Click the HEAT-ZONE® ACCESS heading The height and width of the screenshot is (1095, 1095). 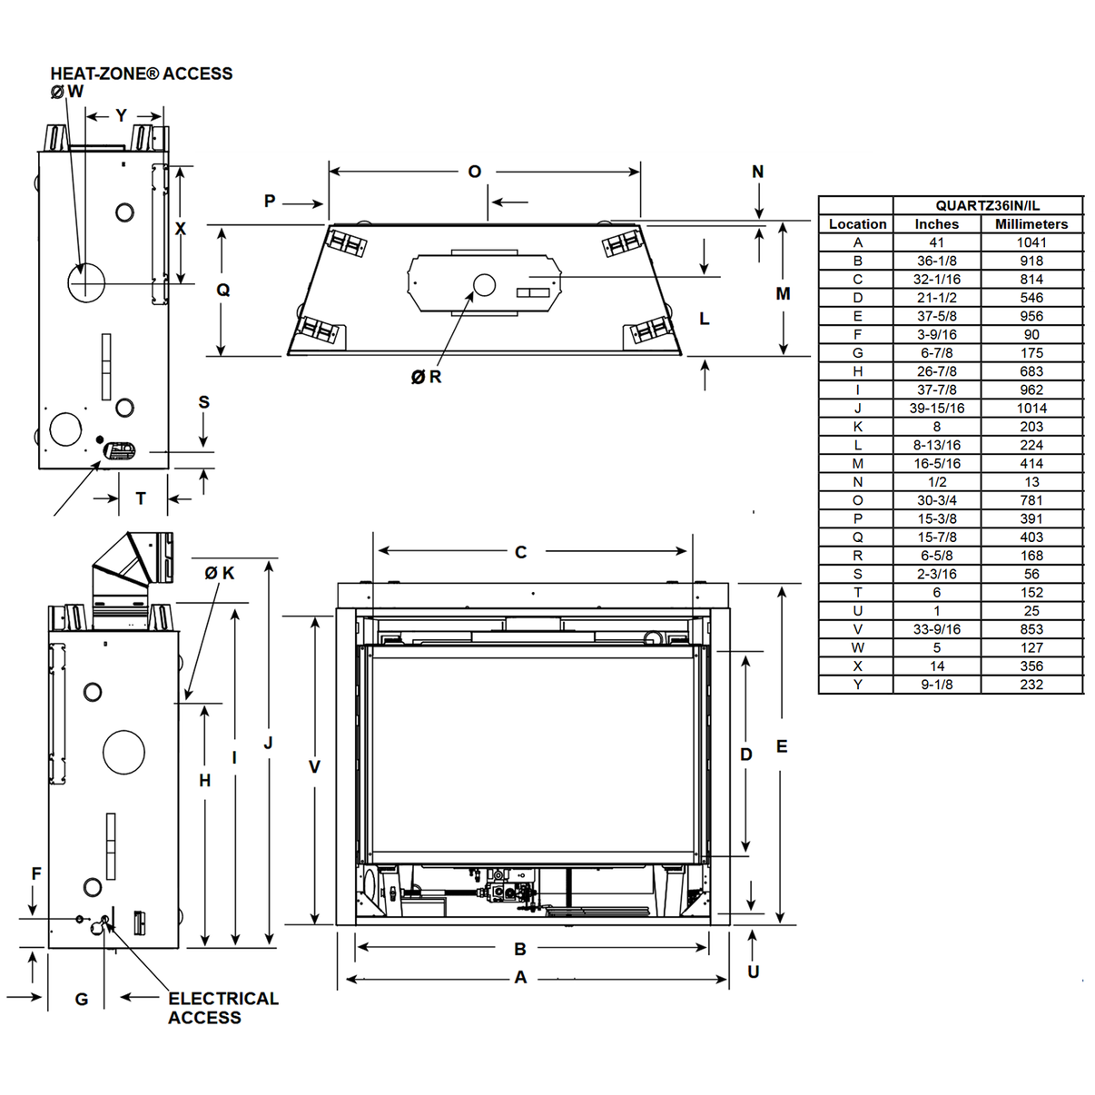click(x=141, y=74)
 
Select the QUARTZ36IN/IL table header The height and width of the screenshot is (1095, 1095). click(x=987, y=205)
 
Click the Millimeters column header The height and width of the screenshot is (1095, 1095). click(x=1031, y=224)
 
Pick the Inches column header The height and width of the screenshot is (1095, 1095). click(x=936, y=224)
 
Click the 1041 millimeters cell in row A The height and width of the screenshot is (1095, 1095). click(x=1031, y=242)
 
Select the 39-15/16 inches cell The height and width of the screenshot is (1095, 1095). click(x=936, y=409)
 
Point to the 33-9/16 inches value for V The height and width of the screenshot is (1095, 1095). click(x=936, y=629)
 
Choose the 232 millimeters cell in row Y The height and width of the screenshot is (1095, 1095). click(x=1031, y=685)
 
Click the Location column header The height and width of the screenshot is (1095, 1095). click(x=857, y=224)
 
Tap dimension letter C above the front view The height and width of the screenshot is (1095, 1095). click(x=520, y=552)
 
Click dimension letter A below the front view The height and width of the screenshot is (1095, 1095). click(x=520, y=978)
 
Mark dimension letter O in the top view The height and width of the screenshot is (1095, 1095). click(x=474, y=172)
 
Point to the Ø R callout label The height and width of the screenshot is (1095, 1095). click(x=426, y=377)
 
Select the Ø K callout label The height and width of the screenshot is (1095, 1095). click(x=219, y=573)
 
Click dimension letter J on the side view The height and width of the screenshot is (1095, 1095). click(x=268, y=744)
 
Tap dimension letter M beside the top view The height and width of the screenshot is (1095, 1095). click(x=783, y=293)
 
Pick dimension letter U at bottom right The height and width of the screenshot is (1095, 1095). click(x=753, y=972)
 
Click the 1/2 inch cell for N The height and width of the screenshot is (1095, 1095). click(x=936, y=482)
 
